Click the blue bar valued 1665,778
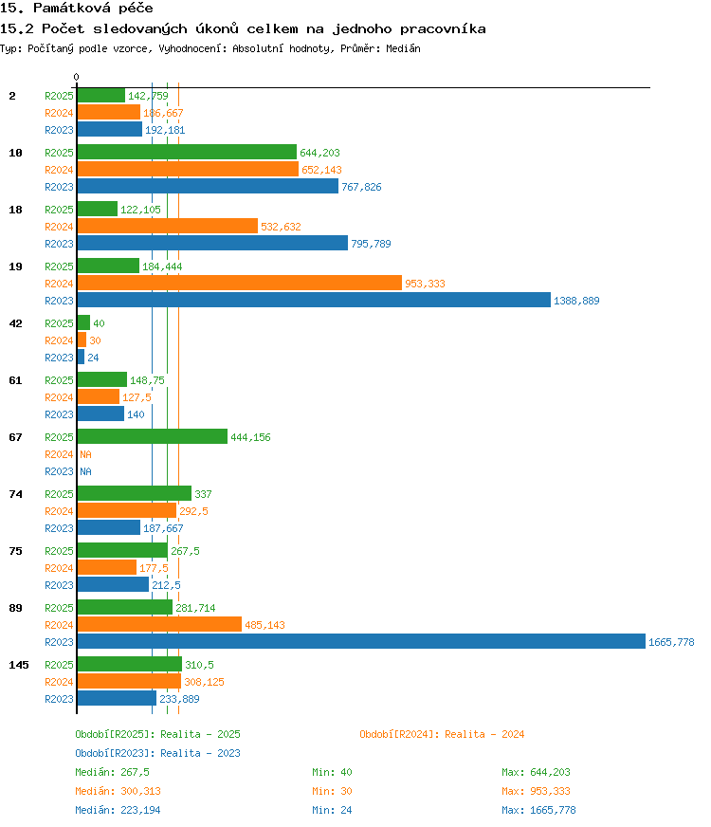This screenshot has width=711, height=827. pyautogui.click(x=361, y=641)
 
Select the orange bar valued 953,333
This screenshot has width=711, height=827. pyautogui.click(x=239, y=283)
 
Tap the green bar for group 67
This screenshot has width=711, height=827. pyautogui.click(x=153, y=436)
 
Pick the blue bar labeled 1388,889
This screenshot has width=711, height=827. pyautogui.click(x=314, y=300)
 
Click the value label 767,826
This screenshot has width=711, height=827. pyautogui.click(x=361, y=187)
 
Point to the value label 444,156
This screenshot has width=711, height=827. pyautogui.click(x=250, y=437)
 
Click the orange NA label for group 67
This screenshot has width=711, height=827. pyautogui.click(x=85, y=454)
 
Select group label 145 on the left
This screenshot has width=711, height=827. pyautogui.click(x=19, y=665)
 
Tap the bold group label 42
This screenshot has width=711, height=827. pyautogui.click(x=16, y=323)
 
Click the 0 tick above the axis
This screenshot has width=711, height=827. pyautogui.click(x=77, y=77)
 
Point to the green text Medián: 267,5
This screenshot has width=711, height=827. pyautogui.click(x=112, y=772)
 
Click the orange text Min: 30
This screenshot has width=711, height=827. pyautogui.click(x=332, y=791)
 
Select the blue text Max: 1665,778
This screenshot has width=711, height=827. pyautogui.click(x=538, y=810)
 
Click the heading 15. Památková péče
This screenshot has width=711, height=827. pyautogui.click(x=77, y=8)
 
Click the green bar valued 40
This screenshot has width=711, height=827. pyautogui.click(x=83, y=322)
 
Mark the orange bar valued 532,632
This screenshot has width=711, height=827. pyautogui.click(x=168, y=226)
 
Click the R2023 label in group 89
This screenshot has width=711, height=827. pyautogui.click(x=59, y=642)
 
